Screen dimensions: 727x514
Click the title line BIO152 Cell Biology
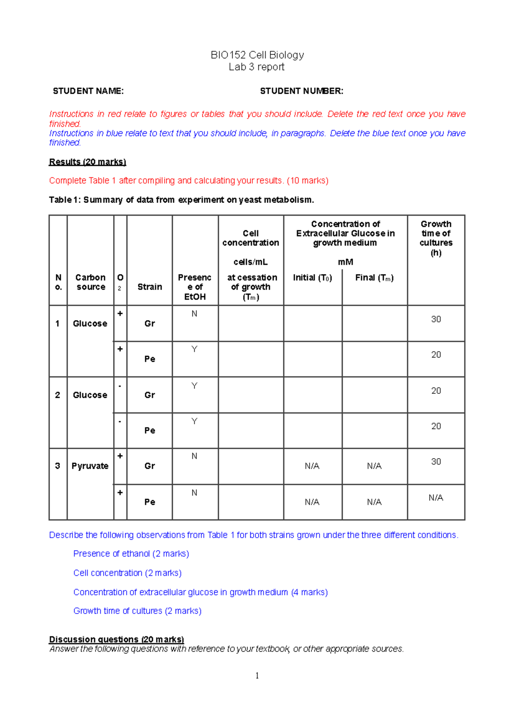point(257,55)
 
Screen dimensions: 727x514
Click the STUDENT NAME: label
point(88,91)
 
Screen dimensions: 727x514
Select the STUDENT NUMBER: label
point(302,91)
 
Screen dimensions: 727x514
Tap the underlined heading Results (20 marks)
point(87,162)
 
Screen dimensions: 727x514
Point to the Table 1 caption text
point(181,200)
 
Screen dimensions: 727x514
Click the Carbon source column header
point(90,282)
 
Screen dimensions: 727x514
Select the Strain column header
point(149,287)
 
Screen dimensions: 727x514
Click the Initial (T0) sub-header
point(312,278)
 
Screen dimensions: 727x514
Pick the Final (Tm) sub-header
point(374,278)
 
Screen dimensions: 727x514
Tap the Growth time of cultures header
point(436,238)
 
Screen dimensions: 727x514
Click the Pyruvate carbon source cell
point(90,466)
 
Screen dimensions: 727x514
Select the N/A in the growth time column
point(436,498)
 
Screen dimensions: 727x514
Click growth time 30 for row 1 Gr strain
point(436,319)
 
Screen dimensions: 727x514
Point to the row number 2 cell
point(58,395)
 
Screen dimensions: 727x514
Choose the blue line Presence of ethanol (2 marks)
point(131,554)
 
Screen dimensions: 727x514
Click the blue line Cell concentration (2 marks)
point(127,573)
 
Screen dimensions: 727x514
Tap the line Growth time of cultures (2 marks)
point(137,611)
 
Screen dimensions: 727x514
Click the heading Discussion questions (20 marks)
point(117,639)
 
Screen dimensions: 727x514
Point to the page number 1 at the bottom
point(257,676)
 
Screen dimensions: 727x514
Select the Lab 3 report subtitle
point(257,67)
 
